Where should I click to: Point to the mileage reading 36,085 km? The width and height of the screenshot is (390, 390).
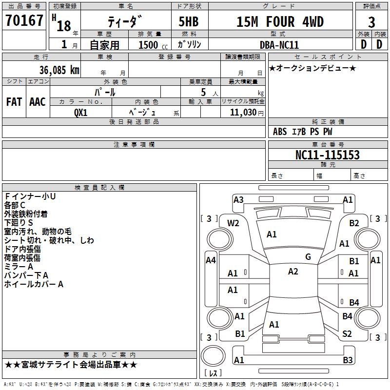click(56, 70)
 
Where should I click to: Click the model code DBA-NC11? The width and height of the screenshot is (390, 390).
click(279, 44)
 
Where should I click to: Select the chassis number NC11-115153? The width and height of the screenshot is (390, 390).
click(328, 155)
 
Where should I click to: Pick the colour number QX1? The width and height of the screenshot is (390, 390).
click(80, 112)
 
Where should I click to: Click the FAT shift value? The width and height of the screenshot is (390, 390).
click(14, 102)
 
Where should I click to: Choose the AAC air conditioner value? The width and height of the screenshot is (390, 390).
click(37, 102)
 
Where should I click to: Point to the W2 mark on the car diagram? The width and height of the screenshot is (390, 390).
click(233, 223)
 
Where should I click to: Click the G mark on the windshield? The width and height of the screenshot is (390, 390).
click(308, 257)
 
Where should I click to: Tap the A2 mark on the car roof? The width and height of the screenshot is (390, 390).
click(293, 272)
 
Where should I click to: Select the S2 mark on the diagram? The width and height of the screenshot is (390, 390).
click(347, 334)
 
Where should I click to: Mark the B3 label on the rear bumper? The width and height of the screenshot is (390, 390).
click(348, 360)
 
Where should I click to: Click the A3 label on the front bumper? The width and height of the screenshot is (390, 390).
click(238, 199)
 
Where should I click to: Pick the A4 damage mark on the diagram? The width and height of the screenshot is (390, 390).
click(211, 260)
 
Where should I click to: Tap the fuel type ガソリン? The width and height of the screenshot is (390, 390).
click(189, 44)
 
